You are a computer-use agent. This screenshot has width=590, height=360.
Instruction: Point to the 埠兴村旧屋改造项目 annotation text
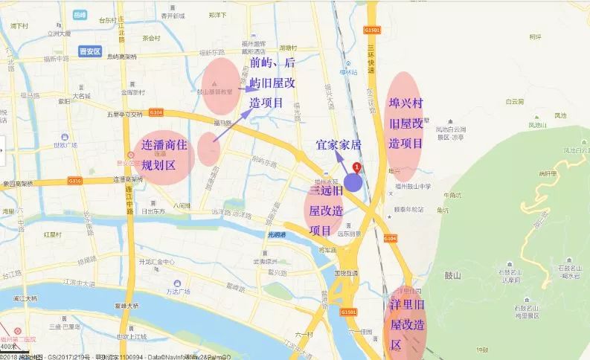[x=405, y=123]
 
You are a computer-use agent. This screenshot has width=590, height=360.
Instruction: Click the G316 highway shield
[x=74, y=180]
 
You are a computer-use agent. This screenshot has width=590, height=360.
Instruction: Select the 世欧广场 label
[x=65, y=145]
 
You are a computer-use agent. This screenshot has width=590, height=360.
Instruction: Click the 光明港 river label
[x=276, y=236]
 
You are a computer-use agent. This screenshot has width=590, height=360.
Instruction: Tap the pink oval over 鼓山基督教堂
[x=221, y=86]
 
